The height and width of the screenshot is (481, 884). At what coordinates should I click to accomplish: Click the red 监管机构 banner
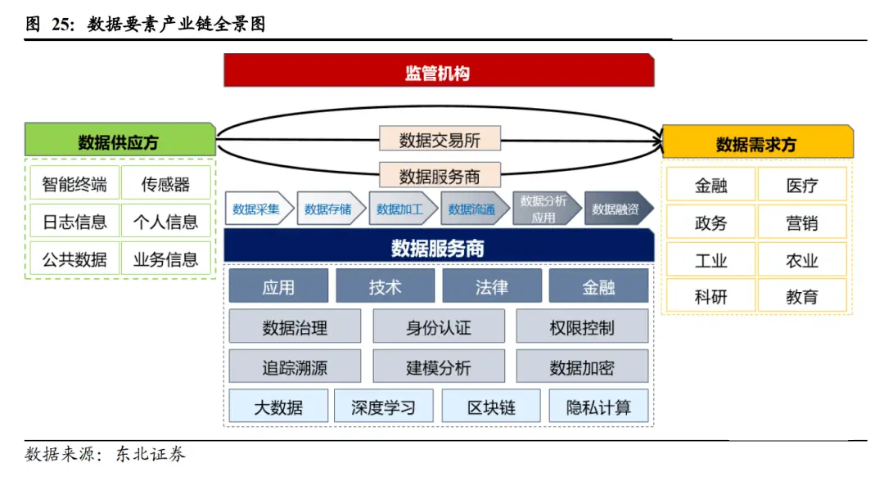click(439, 72)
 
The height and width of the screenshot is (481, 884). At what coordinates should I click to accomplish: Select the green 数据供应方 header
click(120, 142)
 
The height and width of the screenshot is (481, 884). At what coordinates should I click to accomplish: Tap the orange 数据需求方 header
click(756, 144)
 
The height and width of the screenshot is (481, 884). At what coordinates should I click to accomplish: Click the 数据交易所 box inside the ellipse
click(440, 139)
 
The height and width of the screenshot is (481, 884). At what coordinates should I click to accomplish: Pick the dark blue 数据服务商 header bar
click(439, 247)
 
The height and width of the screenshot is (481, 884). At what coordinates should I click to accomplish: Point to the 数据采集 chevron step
click(256, 209)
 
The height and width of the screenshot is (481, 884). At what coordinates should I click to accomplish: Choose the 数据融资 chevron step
click(618, 209)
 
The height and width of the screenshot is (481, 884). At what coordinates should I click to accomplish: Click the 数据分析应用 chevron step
click(543, 209)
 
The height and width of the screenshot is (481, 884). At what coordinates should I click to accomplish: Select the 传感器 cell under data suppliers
click(166, 184)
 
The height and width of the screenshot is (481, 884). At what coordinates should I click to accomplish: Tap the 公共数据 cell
click(74, 259)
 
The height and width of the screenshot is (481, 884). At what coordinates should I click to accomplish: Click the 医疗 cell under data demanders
click(802, 185)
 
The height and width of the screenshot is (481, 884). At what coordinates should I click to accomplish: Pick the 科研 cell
click(710, 297)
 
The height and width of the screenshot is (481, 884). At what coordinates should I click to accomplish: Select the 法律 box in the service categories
click(492, 287)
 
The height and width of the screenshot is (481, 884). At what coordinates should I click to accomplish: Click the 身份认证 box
click(439, 327)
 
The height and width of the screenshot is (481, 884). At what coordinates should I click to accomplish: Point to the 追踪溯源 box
click(295, 367)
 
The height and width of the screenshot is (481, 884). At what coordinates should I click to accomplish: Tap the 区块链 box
click(492, 407)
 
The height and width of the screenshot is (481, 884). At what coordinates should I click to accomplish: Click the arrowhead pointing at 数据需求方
click(655, 142)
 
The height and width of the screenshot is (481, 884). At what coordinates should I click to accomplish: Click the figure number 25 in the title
click(62, 25)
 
